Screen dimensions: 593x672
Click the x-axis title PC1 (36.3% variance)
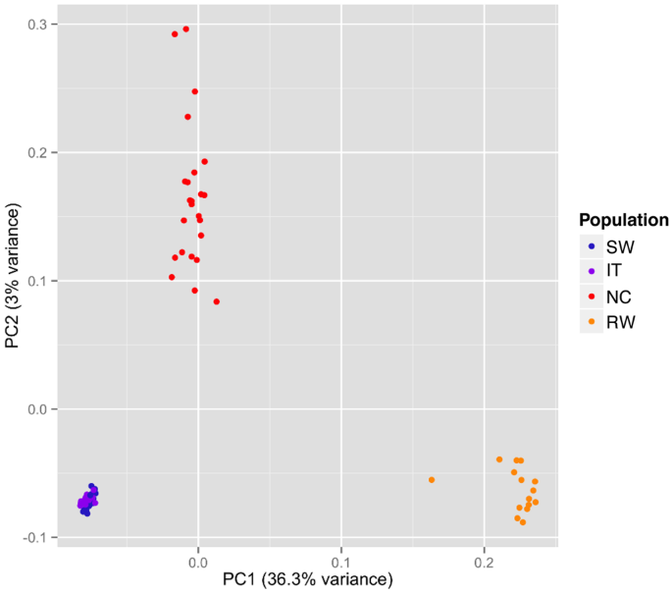[307, 580]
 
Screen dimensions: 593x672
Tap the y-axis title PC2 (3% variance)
[14, 277]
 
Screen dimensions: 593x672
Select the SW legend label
[619, 245]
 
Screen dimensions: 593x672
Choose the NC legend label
[618, 296]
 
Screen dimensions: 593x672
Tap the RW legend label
[620, 322]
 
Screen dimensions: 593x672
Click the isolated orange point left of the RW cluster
[432, 480]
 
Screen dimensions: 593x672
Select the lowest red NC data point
[217, 301]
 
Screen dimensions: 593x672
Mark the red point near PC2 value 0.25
[194, 91]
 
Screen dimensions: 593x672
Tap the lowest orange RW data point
[523, 522]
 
